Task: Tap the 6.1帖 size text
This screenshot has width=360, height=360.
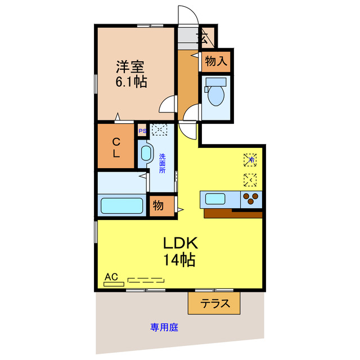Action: (132, 82)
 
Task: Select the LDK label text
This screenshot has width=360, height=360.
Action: (180, 244)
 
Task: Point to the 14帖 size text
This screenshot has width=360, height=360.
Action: (180, 260)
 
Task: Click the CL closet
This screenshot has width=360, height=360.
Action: (115, 145)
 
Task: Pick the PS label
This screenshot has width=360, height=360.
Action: (142, 132)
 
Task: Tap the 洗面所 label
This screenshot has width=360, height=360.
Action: (162, 163)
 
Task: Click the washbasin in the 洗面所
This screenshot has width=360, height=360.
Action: (146, 154)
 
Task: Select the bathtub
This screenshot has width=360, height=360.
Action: (121, 205)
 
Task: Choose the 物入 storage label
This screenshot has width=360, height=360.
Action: (216, 61)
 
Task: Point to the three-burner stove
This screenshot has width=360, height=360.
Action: (251, 198)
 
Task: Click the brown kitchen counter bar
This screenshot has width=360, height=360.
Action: (233, 213)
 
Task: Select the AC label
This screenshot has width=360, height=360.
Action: (111, 277)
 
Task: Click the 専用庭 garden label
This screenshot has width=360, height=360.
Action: (164, 327)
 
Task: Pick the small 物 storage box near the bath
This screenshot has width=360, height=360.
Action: (159, 206)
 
